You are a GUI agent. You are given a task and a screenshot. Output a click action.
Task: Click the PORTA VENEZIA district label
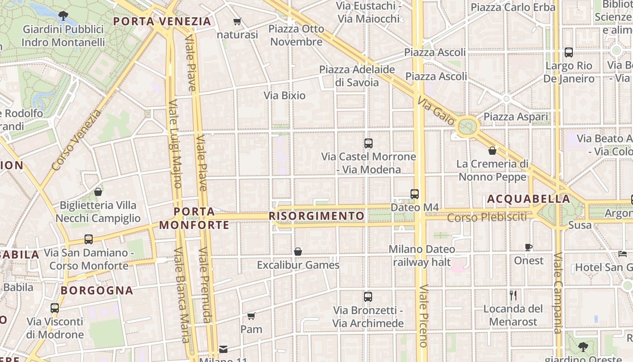tap(162, 21)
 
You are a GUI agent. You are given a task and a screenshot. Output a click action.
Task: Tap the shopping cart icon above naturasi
tap(237, 21)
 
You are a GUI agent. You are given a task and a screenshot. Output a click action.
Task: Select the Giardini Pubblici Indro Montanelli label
tap(63, 36)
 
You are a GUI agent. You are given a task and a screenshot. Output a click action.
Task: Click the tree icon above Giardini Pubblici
tap(63, 16)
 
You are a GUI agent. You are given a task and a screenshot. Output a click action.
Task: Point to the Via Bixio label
tap(285, 95)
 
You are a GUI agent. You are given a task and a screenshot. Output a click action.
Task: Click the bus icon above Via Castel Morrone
tap(368, 143)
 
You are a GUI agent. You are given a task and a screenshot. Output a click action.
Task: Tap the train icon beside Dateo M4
tap(415, 194)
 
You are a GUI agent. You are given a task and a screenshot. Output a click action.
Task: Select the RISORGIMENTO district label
tap(316, 216)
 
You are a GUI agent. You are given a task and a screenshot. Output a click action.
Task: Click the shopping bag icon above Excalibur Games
tap(298, 252)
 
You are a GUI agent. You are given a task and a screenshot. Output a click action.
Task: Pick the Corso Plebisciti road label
tap(487, 217)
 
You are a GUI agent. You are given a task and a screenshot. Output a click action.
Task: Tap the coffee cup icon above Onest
tap(529, 247)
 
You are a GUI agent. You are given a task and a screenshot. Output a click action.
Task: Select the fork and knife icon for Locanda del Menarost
tap(513, 295)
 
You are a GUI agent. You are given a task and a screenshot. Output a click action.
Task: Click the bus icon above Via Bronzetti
tap(368, 297)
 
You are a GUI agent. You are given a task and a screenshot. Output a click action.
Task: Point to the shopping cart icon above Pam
tap(251, 316)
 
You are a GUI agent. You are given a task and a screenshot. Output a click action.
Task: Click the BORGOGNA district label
tap(97, 291)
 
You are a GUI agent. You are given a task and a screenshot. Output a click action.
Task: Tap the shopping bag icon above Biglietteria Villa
tap(98, 192)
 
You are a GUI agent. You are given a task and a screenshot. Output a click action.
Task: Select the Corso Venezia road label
tap(76, 140)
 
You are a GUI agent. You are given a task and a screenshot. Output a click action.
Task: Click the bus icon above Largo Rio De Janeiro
tap(569, 52)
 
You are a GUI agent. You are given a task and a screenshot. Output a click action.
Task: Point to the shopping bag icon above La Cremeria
tap(492, 150)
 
